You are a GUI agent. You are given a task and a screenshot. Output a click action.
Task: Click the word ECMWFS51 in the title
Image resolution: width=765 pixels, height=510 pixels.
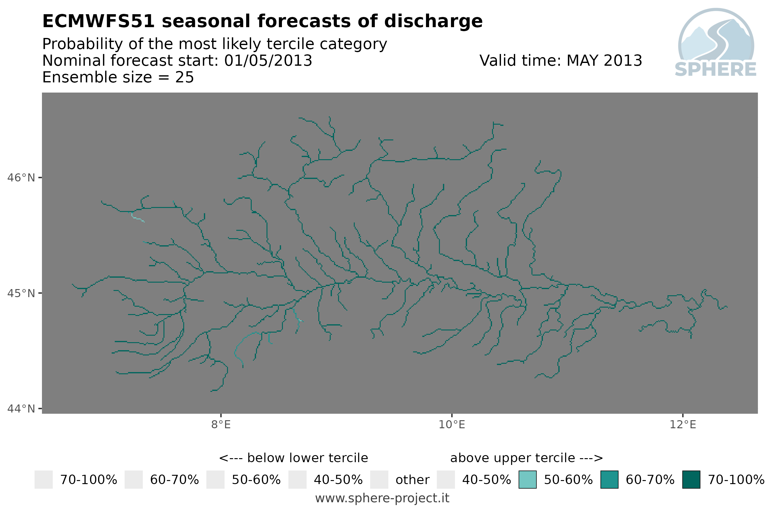98,22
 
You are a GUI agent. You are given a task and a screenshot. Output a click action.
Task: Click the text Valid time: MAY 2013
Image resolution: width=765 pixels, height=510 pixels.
560,61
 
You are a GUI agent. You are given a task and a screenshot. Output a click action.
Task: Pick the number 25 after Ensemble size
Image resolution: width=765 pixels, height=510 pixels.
184,77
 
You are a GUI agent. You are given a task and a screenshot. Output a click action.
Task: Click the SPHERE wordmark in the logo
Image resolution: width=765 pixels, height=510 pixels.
716,69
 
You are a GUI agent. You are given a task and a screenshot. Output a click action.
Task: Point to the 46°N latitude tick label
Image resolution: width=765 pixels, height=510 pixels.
21,178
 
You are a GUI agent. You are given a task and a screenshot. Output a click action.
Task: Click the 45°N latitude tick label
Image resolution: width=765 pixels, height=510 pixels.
21,293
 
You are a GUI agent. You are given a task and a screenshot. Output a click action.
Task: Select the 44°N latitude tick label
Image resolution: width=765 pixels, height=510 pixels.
21,408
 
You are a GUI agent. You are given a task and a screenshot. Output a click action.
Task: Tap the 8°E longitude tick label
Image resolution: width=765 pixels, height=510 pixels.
221,425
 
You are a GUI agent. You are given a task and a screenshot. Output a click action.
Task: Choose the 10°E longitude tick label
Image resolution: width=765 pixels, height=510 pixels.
452,425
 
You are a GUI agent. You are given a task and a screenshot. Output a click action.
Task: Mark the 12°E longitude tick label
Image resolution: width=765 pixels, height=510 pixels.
682,425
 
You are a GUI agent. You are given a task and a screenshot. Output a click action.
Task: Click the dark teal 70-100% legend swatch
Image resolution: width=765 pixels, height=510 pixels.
691,479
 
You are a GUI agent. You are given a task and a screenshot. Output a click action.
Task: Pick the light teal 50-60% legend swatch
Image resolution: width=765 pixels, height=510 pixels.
527,479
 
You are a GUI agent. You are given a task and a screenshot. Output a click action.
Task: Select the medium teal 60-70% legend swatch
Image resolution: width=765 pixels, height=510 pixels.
609,479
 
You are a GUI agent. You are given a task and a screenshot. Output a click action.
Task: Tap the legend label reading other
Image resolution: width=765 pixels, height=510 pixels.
412,480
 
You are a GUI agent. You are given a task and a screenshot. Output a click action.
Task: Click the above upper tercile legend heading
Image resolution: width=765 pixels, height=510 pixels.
526,458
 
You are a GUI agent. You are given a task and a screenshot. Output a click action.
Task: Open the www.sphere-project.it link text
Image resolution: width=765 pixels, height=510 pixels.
382,498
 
